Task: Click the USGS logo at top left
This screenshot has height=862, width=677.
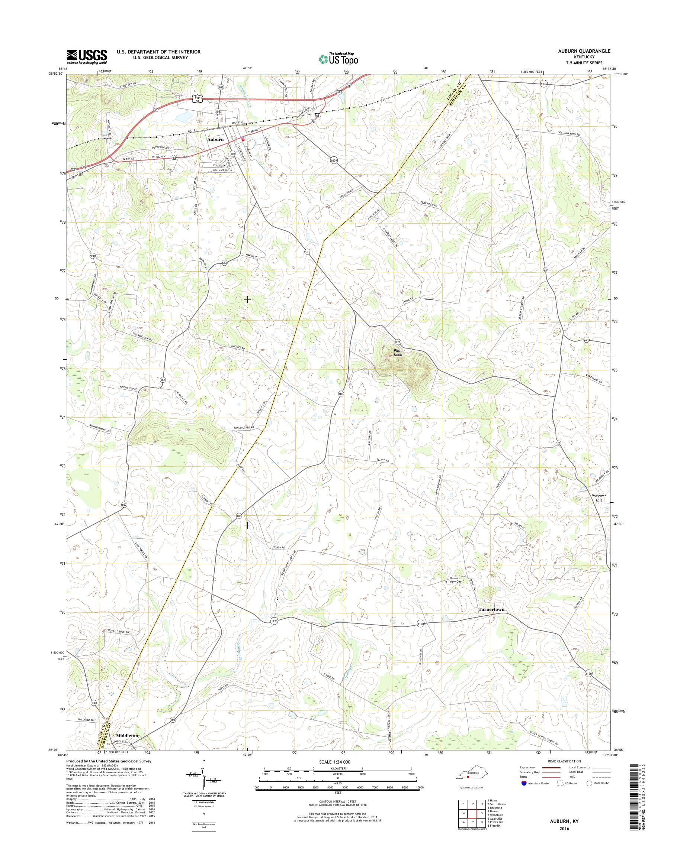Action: click(87, 56)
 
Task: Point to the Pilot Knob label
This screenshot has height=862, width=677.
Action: click(398, 353)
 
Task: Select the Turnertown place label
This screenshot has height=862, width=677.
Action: click(491, 620)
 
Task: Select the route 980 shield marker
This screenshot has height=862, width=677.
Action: click(92, 255)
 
